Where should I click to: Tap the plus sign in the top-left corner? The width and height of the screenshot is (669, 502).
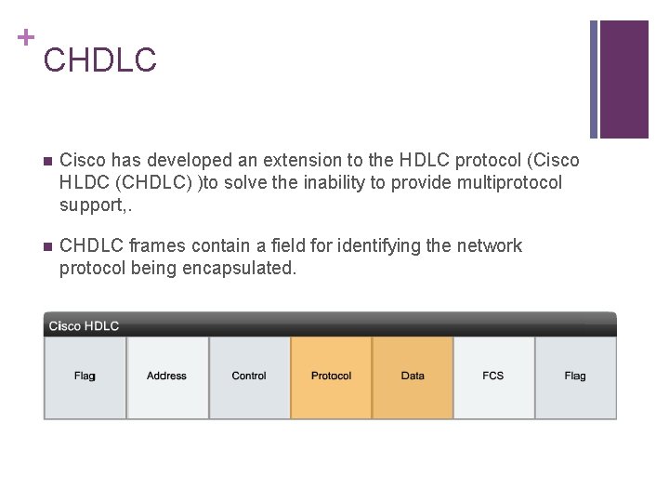pyautogui.click(x=24, y=37)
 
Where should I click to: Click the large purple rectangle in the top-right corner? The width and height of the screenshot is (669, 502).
pyautogui.click(x=624, y=78)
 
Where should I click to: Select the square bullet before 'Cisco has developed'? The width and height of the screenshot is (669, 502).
pyautogui.click(x=47, y=162)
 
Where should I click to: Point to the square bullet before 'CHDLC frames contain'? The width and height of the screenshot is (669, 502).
pyautogui.click(x=47, y=247)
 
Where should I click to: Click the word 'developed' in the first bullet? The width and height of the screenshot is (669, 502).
pyautogui.click(x=190, y=161)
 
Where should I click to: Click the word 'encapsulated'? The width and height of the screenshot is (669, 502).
pyautogui.click(x=248, y=268)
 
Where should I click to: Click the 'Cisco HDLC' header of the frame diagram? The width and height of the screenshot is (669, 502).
pyautogui.click(x=85, y=325)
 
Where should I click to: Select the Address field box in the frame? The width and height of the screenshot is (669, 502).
pyautogui.click(x=167, y=376)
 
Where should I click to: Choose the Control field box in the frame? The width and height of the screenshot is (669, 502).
pyautogui.click(x=249, y=376)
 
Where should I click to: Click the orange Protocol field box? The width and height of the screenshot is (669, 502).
pyautogui.click(x=331, y=376)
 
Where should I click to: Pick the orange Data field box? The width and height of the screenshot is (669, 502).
pyautogui.click(x=413, y=376)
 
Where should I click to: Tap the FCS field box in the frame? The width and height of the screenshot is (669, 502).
pyautogui.click(x=493, y=376)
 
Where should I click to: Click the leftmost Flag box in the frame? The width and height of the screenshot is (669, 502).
pyautogui.click(x=85, y=376)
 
